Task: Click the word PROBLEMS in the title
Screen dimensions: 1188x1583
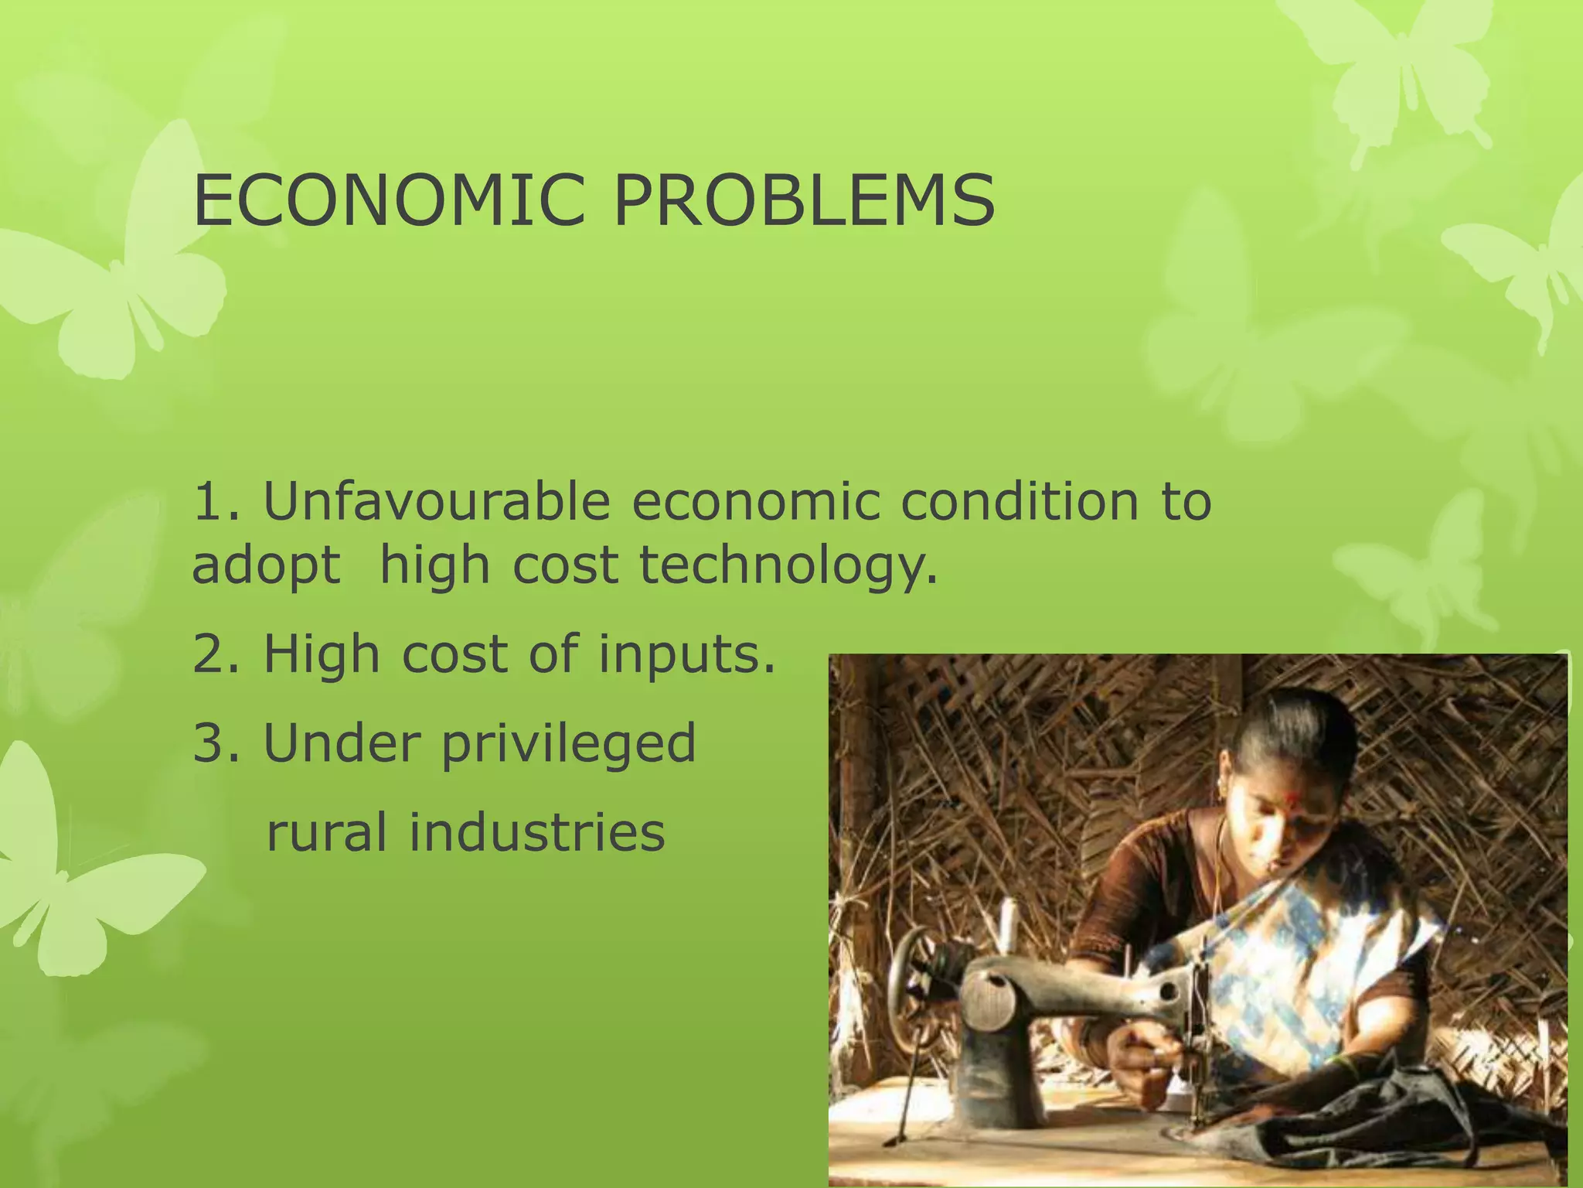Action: click(803, 201)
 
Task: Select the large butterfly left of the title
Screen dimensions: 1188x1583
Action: click(116, 263)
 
